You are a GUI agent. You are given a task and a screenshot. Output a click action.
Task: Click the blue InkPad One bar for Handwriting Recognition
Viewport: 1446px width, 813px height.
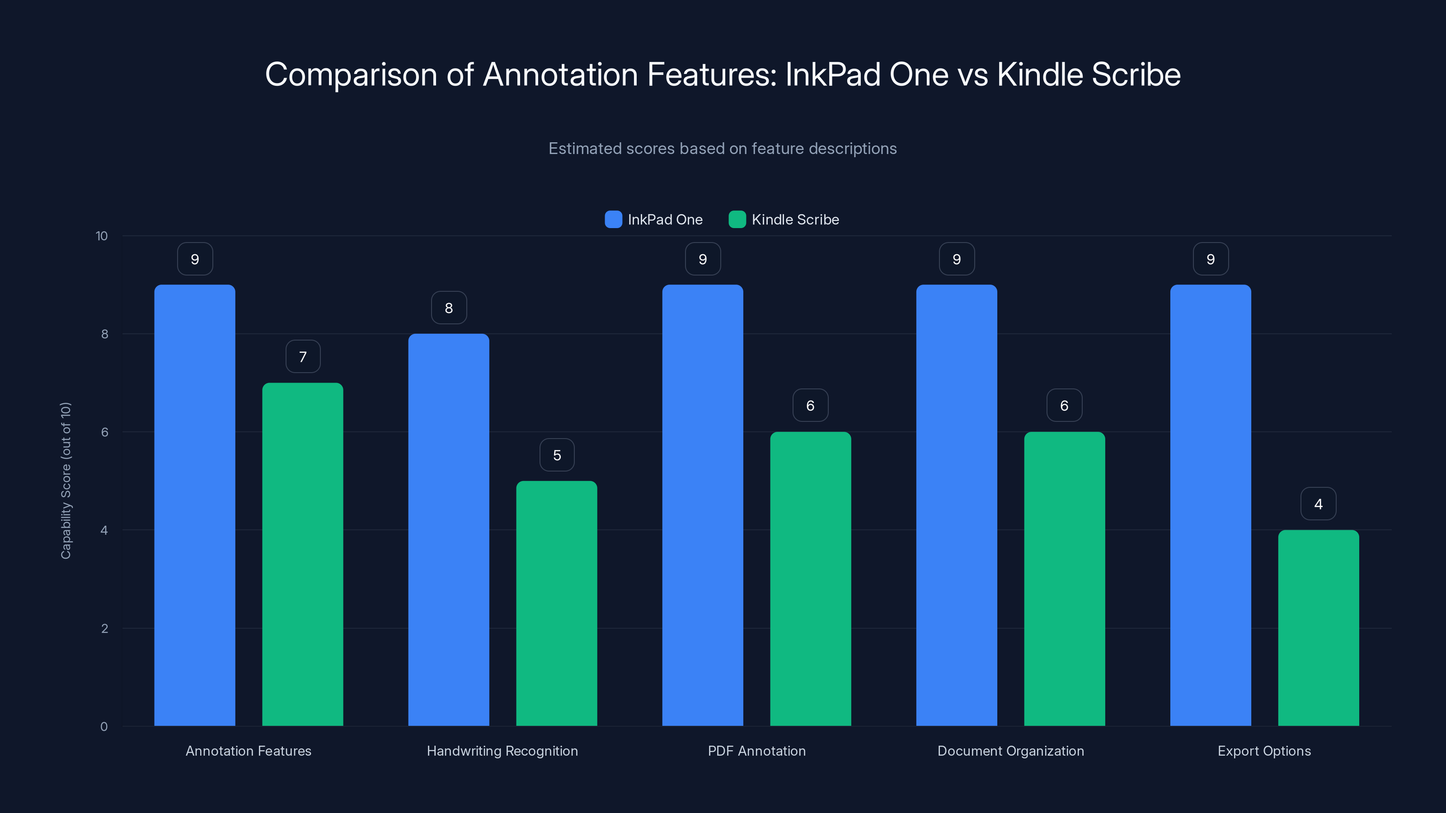point(449,530)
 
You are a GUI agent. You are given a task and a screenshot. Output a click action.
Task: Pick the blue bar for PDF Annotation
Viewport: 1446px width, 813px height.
point(702,505)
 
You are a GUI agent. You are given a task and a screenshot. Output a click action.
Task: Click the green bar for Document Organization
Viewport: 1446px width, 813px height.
point(1064,579)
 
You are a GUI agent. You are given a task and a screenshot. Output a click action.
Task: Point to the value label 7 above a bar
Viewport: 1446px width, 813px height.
point(303,357)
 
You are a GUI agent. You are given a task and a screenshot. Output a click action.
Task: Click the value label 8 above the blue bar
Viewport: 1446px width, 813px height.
point(449,308)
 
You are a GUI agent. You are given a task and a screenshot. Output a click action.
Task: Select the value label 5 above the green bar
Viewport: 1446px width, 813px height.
point(557,455)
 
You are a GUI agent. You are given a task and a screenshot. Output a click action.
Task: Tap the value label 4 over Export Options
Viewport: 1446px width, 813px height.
point(1318,504)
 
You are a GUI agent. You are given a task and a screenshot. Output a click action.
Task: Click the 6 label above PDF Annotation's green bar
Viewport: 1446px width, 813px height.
point(810,406)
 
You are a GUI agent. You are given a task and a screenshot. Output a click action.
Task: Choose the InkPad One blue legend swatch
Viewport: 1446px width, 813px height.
point(613,220)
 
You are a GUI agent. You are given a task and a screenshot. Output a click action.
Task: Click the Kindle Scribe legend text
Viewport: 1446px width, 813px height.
point(795,220)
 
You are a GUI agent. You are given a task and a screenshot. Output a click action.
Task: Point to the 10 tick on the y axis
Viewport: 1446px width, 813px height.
point(102,236)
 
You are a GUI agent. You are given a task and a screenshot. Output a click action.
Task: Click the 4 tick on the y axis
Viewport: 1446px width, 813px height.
point(104,530)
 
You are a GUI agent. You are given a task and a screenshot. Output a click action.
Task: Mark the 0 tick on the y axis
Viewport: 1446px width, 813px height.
point(104,727)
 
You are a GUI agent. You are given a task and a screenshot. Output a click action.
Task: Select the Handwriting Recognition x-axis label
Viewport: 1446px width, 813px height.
point(502,751)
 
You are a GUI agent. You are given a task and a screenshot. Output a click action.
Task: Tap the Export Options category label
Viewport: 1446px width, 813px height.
point(1264,751)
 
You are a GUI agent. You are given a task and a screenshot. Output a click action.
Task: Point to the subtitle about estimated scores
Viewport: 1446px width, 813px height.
point(723,149)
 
